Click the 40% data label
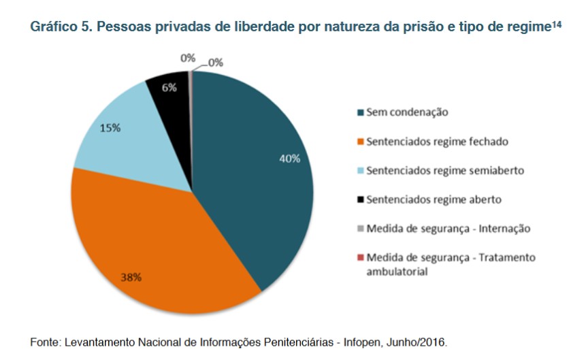tap(289, 159)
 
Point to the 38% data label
tap(131, 278)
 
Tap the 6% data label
tap(169, 87)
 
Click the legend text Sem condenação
tap(407, 112)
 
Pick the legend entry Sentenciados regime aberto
tap(434, 200)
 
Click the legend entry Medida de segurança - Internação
tap(448, 229)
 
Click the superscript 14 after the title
tap(557, 24)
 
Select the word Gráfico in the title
tap(53, 28)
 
